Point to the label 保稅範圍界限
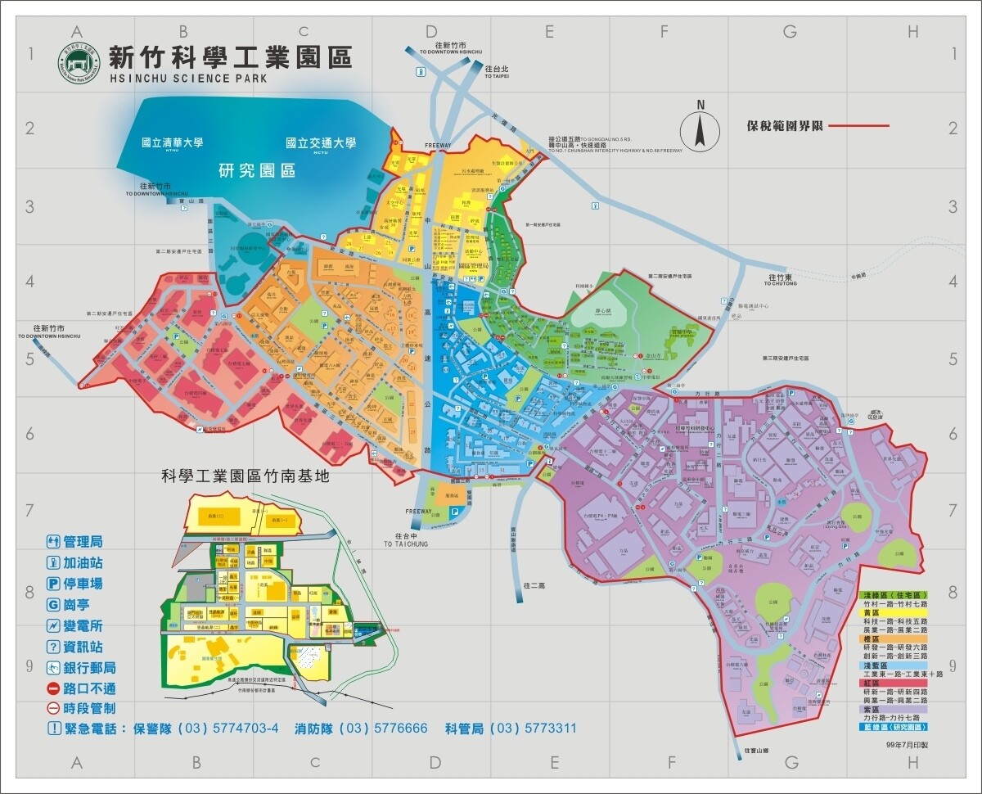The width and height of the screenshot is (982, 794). (784, 127)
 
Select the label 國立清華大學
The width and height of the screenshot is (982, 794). (172, 142)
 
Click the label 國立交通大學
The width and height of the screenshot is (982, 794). (321, 142)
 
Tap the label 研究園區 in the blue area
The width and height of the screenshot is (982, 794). (257, 171)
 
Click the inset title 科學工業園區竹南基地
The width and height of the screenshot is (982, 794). (245, 476)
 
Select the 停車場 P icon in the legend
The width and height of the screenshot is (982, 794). (53, 584)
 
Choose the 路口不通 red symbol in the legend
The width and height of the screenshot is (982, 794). (53, 688)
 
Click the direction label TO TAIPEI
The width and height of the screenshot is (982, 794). (496, 76)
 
